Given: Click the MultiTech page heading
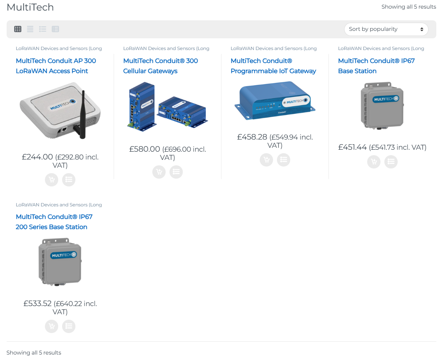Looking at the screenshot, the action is tap(30, 7).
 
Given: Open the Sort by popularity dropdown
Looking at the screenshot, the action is tap(386, 29).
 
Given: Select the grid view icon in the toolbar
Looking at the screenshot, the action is tap(18, 29).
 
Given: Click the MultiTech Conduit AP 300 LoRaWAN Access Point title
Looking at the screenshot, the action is tap(56, 66).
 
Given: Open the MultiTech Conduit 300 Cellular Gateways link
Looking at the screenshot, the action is tap(160, 66).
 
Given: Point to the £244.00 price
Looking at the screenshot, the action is tap(37, 157).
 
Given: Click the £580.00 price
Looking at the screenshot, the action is tap(145, 149).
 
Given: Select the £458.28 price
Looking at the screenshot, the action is tap(252, 137).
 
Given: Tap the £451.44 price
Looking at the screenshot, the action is tap(352, 147).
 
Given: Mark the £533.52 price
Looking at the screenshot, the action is tap(37, 304).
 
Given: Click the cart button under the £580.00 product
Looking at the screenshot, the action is tap(159, 172).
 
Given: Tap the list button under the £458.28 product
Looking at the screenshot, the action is tap(284, 159).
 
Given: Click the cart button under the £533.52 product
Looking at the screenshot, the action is tap(52, 326).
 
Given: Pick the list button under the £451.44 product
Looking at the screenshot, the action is tap(391, 161).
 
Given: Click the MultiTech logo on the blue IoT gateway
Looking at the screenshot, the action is tap(295, 101).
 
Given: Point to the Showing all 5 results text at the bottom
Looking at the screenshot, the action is tap(34, 353).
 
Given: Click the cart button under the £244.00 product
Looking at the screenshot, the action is tap(52, 179).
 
